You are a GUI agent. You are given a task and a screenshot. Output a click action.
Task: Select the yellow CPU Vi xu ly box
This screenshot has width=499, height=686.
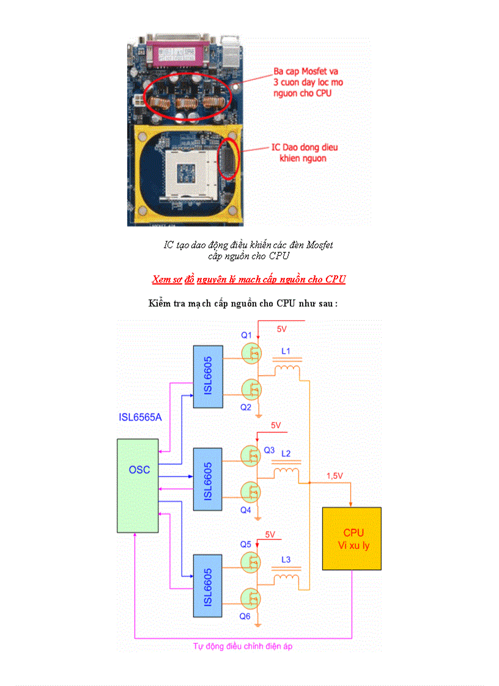tap(352, 538)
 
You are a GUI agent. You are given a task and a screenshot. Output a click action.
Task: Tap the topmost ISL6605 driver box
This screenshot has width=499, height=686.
tap(208, 376)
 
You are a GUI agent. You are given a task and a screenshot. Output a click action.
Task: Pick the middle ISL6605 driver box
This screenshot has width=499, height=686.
tap(208, 479)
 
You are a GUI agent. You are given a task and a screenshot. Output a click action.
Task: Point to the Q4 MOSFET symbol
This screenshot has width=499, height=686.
tap(251, 491)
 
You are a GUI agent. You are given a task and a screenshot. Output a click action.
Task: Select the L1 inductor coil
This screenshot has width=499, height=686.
tap(287, 371)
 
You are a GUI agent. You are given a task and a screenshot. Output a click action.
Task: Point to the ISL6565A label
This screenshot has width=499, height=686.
tap(140, 418)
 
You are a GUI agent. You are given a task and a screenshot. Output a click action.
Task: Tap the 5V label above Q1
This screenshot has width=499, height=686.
tap(282, 329)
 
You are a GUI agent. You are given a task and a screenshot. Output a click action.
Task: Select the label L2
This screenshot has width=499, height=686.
tap(286, 453)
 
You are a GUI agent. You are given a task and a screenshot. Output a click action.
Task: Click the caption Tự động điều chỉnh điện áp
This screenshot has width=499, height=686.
tap(243, 646)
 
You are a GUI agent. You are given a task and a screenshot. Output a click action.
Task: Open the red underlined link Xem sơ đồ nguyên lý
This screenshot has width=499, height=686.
tap(249, 279)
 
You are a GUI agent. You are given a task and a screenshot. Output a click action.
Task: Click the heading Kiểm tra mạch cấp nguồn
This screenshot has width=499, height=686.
tap(243, 303)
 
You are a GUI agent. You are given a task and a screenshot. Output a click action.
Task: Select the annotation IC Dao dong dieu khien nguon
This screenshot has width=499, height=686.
tap(304, 153)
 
